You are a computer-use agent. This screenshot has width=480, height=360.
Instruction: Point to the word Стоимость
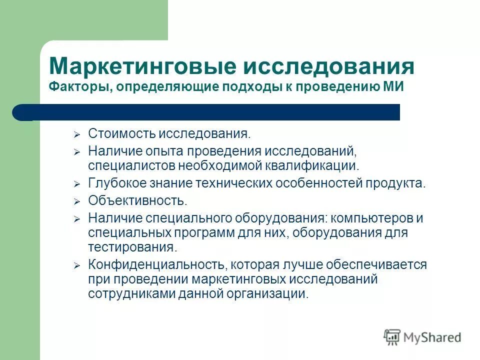pyautogui.click(x=122, y=133)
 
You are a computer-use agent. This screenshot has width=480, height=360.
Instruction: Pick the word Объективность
pyautogui.click(x=137, y=201)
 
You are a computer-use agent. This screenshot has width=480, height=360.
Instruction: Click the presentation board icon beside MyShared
pyautogui.click(x=392, y=337)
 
